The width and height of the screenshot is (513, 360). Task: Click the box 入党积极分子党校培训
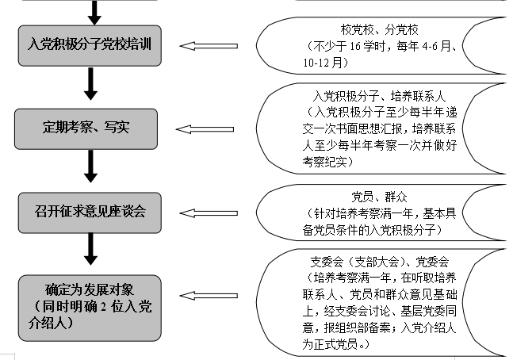coord(90,44)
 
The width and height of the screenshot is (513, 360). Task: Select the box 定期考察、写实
coord(90,127)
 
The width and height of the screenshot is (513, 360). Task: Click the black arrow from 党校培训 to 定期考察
coord(90,83)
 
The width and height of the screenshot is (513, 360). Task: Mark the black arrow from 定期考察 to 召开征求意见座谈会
coord(90,167)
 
